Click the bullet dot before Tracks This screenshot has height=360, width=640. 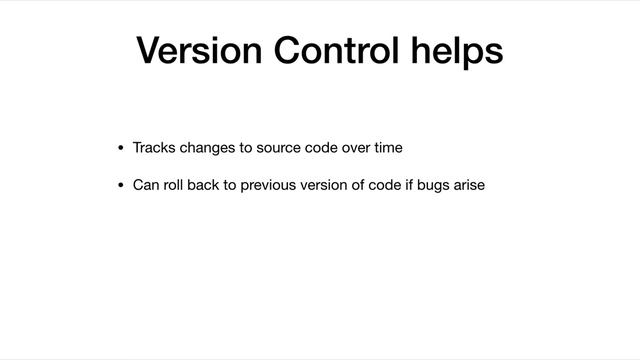[x=121, y=149]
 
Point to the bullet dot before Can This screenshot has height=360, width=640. [x=121, y=185]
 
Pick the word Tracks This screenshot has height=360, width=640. [x=153, y=148]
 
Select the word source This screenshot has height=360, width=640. [x=281, y=148]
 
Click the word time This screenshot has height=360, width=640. [x=390, y=148]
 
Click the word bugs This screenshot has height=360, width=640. [x=435, y=185]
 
